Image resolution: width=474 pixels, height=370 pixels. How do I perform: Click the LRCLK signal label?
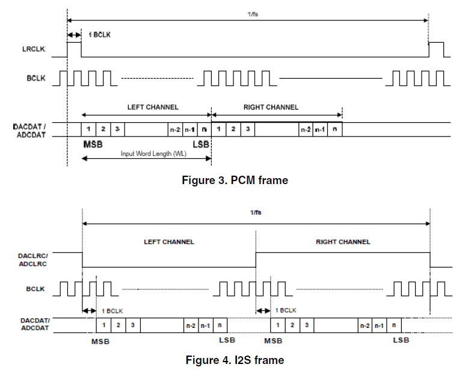pos(34,49)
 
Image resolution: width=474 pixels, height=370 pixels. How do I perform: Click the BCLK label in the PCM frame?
pos(36,78)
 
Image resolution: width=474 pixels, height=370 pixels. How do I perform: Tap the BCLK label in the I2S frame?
pos(35,289)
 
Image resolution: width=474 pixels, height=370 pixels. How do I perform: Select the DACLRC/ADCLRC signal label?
pos(33,260)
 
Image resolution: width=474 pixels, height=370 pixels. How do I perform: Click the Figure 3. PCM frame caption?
pos(235,180)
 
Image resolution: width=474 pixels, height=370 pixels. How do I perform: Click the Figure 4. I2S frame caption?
pos(235,360)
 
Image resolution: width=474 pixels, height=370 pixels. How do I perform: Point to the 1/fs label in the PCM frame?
pos(253,14)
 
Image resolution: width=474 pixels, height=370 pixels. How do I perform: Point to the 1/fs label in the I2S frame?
pos(256,212)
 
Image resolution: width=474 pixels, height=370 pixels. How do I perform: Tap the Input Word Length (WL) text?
pos(153,153)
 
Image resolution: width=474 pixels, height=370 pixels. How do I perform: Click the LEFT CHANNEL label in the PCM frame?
pos(153,107)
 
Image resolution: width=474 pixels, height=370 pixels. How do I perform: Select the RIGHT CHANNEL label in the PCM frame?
pos(271,107)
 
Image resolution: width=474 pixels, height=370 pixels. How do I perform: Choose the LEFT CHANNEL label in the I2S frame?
pos(169,242)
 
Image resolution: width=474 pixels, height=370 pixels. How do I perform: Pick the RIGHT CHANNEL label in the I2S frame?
pos(343,242)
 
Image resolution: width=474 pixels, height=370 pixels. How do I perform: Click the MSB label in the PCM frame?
pos(93,144)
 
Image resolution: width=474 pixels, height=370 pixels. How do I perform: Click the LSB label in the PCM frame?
pos(201,144)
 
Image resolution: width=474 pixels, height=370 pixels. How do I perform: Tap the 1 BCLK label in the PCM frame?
pos(99,35)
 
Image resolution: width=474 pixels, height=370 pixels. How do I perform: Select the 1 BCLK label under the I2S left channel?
pos(112,311)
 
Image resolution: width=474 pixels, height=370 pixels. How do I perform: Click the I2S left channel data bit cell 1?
pos(103,325)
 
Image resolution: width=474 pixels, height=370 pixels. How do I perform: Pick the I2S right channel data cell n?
pos(394,325)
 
